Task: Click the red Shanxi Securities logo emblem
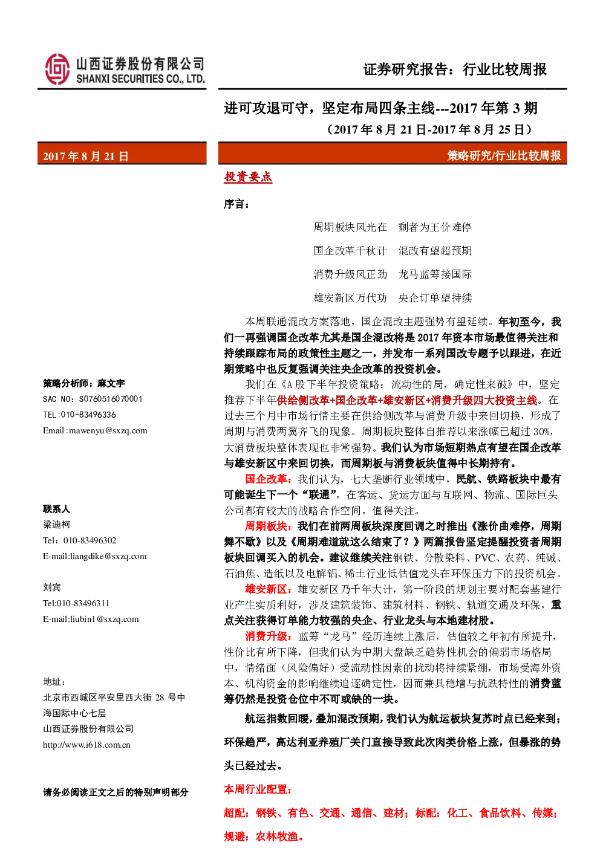(57, 69)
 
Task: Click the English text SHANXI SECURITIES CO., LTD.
(140, 79)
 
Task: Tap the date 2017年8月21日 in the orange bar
(86, 156)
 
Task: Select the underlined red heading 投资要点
(248, 177)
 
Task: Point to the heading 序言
(236, 204)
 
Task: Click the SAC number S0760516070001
(111, 399)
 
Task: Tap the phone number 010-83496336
(88, 415)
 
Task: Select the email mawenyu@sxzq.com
(108, 430)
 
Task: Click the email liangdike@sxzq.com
(108, 556)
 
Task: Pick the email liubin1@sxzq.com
(104, 619)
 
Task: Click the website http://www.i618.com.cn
(86, 745)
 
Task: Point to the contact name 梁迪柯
(56, 524)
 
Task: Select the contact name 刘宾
(52, 587)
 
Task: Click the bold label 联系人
(56, 509)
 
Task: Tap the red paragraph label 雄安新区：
(268, 589)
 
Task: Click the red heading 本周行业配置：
(258, 789)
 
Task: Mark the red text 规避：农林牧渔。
(264, 837)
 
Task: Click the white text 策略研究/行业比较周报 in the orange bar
(504, 155)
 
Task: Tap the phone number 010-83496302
(90, 540)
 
